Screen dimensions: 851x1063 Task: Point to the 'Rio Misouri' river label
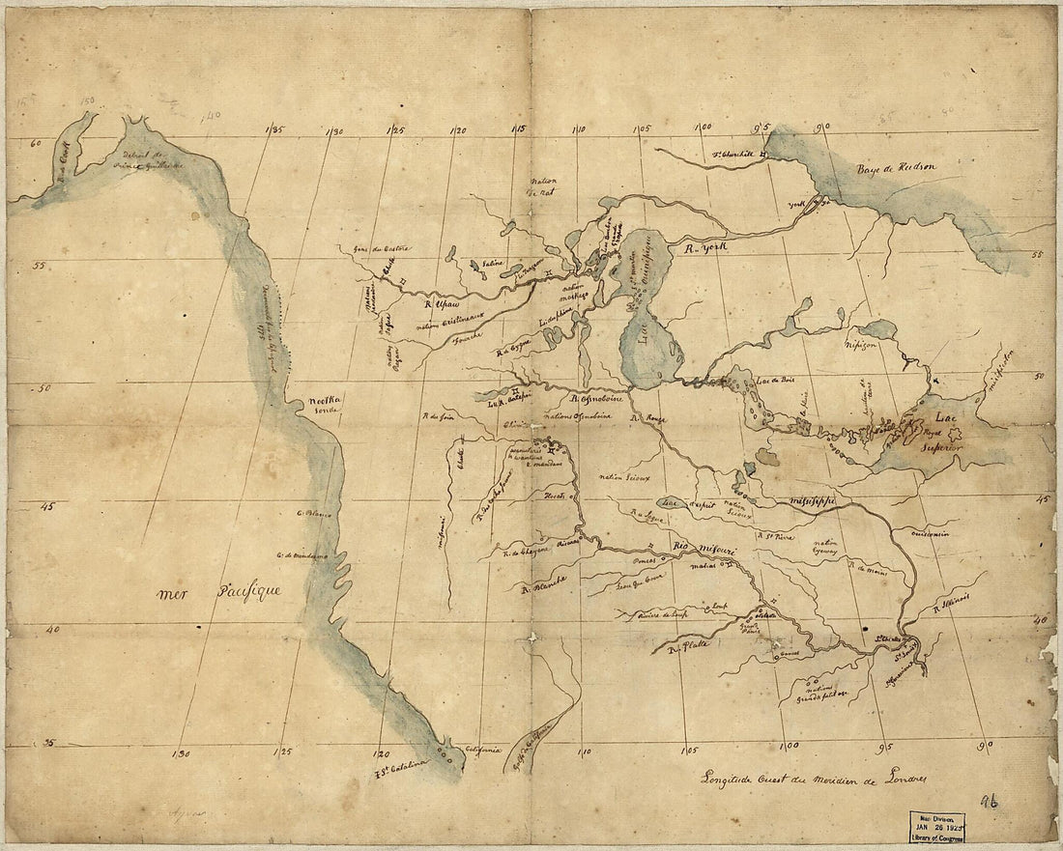point(704,550)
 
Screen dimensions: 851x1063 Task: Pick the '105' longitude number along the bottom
point(689,749)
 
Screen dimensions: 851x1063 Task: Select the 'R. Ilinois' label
point(955,603)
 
